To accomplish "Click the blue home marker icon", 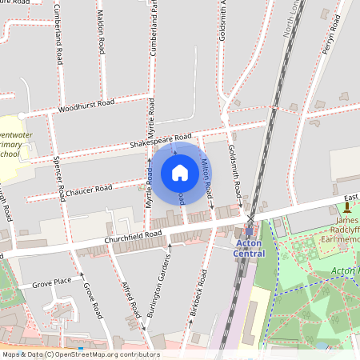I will [x=180, y=173].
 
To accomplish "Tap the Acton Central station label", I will [x=249, y=248].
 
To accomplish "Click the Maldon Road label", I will [x=101, y=37].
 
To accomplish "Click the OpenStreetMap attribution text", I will [x=80, y=354].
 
